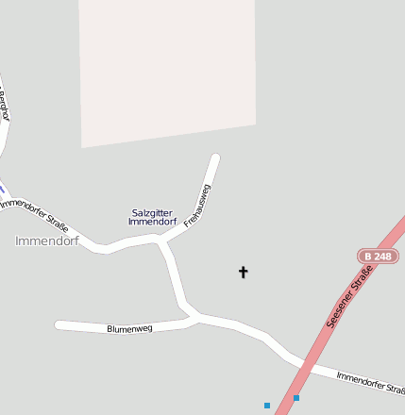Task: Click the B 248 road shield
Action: [x=379, y=256]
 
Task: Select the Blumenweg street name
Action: [x=129, y=329]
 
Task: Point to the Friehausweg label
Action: [x=197, y=205]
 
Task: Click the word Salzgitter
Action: [x=152, y=212]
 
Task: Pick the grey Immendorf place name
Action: [x=46, y=241]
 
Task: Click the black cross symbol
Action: [x=243, y=273]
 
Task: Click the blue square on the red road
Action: [x=295, y=398]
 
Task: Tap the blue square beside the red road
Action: [x=267, y=406]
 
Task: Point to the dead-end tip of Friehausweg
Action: [x=215, y=158]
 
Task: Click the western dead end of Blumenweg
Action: [x=59, y=325]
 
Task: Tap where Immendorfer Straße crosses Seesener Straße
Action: [x=305, y=362]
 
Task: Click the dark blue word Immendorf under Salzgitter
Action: [x=152, y=222]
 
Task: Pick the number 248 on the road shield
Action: [x=383, y=256]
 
